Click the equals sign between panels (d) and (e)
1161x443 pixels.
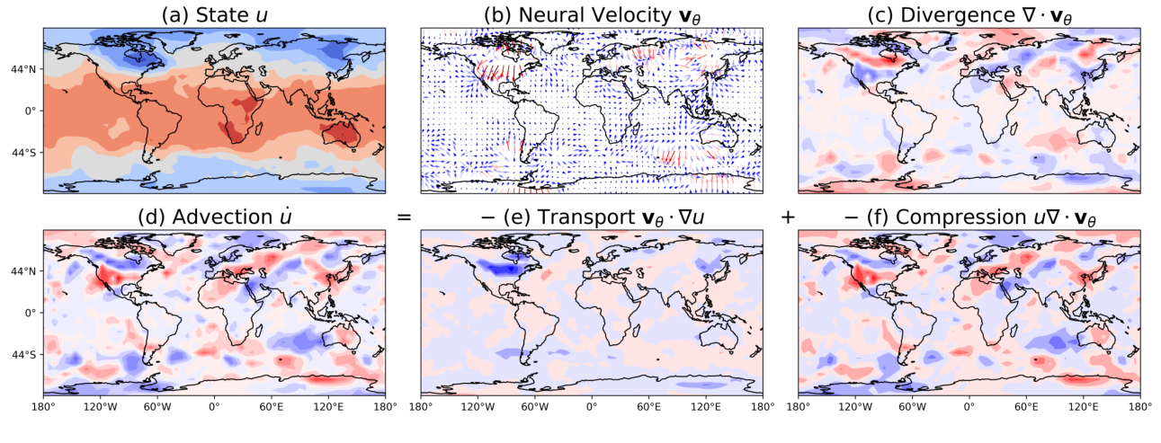(x=404, y=217)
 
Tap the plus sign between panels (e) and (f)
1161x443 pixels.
(x=788, y=217)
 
